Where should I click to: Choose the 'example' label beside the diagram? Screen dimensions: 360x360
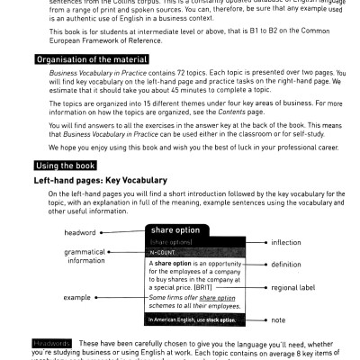tap(78, 296)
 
